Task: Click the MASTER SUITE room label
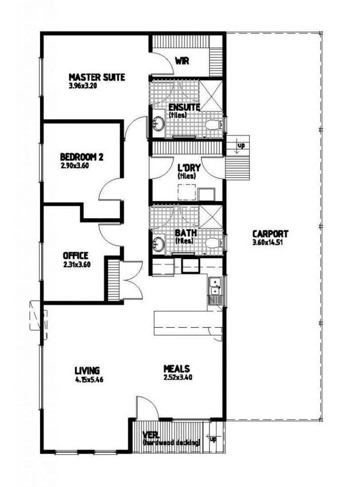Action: [96, 77]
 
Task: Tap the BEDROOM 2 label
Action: [82, 157]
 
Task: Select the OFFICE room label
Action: [75, 256]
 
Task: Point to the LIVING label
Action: [87, 370]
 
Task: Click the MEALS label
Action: [176, 368]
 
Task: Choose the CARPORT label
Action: [270, 234]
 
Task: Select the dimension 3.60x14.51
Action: [270, 242]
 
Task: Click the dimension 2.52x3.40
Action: [178, 377]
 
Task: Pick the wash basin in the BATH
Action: [158, 243]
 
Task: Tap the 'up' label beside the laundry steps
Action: [241, 146]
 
